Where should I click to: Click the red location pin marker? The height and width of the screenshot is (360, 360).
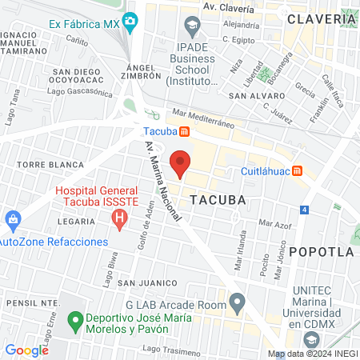click(181, 163)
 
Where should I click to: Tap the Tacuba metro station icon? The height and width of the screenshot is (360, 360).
click(185, 131)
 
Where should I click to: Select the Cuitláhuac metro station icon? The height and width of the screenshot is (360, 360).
click(298, 170)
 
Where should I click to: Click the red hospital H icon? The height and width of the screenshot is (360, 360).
click(120, 218)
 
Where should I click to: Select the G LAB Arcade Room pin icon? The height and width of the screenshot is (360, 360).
click(237, 302)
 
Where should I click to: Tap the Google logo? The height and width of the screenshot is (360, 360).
click(26, 350)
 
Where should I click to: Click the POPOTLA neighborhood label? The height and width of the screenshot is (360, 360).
click(321, 251)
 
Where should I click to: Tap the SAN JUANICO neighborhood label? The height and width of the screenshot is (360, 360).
click(146, 282)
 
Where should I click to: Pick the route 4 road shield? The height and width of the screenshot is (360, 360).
click(305, 210)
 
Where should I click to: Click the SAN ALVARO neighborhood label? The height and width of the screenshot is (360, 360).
click(254, 95)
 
